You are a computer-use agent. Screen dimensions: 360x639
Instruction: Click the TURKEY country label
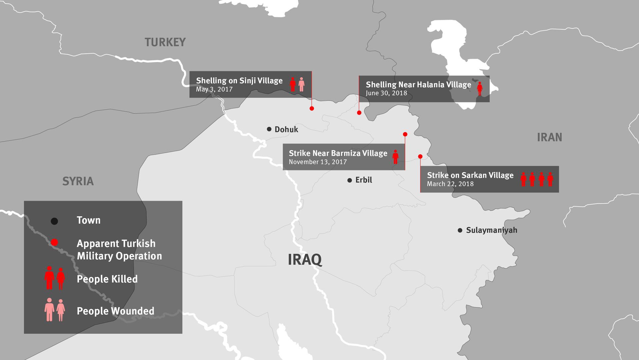click(x=165, y=42)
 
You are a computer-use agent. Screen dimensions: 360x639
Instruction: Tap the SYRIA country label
click(x=78, y=181)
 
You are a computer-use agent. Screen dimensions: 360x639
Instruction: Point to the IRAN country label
click(x=549, y=137)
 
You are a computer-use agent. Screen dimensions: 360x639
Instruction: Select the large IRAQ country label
click(x=305, y=260)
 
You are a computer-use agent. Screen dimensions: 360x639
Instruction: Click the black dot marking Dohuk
click(x=269, y=129)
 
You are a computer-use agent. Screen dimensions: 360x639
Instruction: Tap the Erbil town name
click(x=363, y=180)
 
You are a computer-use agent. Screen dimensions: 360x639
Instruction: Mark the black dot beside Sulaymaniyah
click(x=460, y=230)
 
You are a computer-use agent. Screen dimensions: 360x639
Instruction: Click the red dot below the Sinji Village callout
click(x=312, y=108)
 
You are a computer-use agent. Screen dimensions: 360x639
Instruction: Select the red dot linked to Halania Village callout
click(x=359, y=113)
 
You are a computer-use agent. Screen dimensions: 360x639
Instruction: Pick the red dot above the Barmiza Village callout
click(x=405, y=134)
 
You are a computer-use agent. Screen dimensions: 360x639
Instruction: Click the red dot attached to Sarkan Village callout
click(x=420, y=156)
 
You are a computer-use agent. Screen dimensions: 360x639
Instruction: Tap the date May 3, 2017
click(x=214, y=89)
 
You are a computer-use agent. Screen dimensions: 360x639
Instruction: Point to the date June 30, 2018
click(x=386, y=93)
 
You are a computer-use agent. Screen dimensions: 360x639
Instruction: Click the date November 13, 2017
click(x=318, y=162)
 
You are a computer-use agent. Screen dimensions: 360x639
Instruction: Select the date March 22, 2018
click(x=450, y=184)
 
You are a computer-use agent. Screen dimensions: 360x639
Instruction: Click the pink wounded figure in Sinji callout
click(x=302, y=84)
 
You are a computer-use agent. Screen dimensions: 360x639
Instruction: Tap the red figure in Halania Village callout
click(x=480, y=88)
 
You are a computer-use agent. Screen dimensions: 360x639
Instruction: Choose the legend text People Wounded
click(x=115, y=311)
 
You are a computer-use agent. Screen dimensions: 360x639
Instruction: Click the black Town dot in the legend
click(x=54, y=221)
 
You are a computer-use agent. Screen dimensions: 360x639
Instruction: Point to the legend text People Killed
click(x=107, y=279)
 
